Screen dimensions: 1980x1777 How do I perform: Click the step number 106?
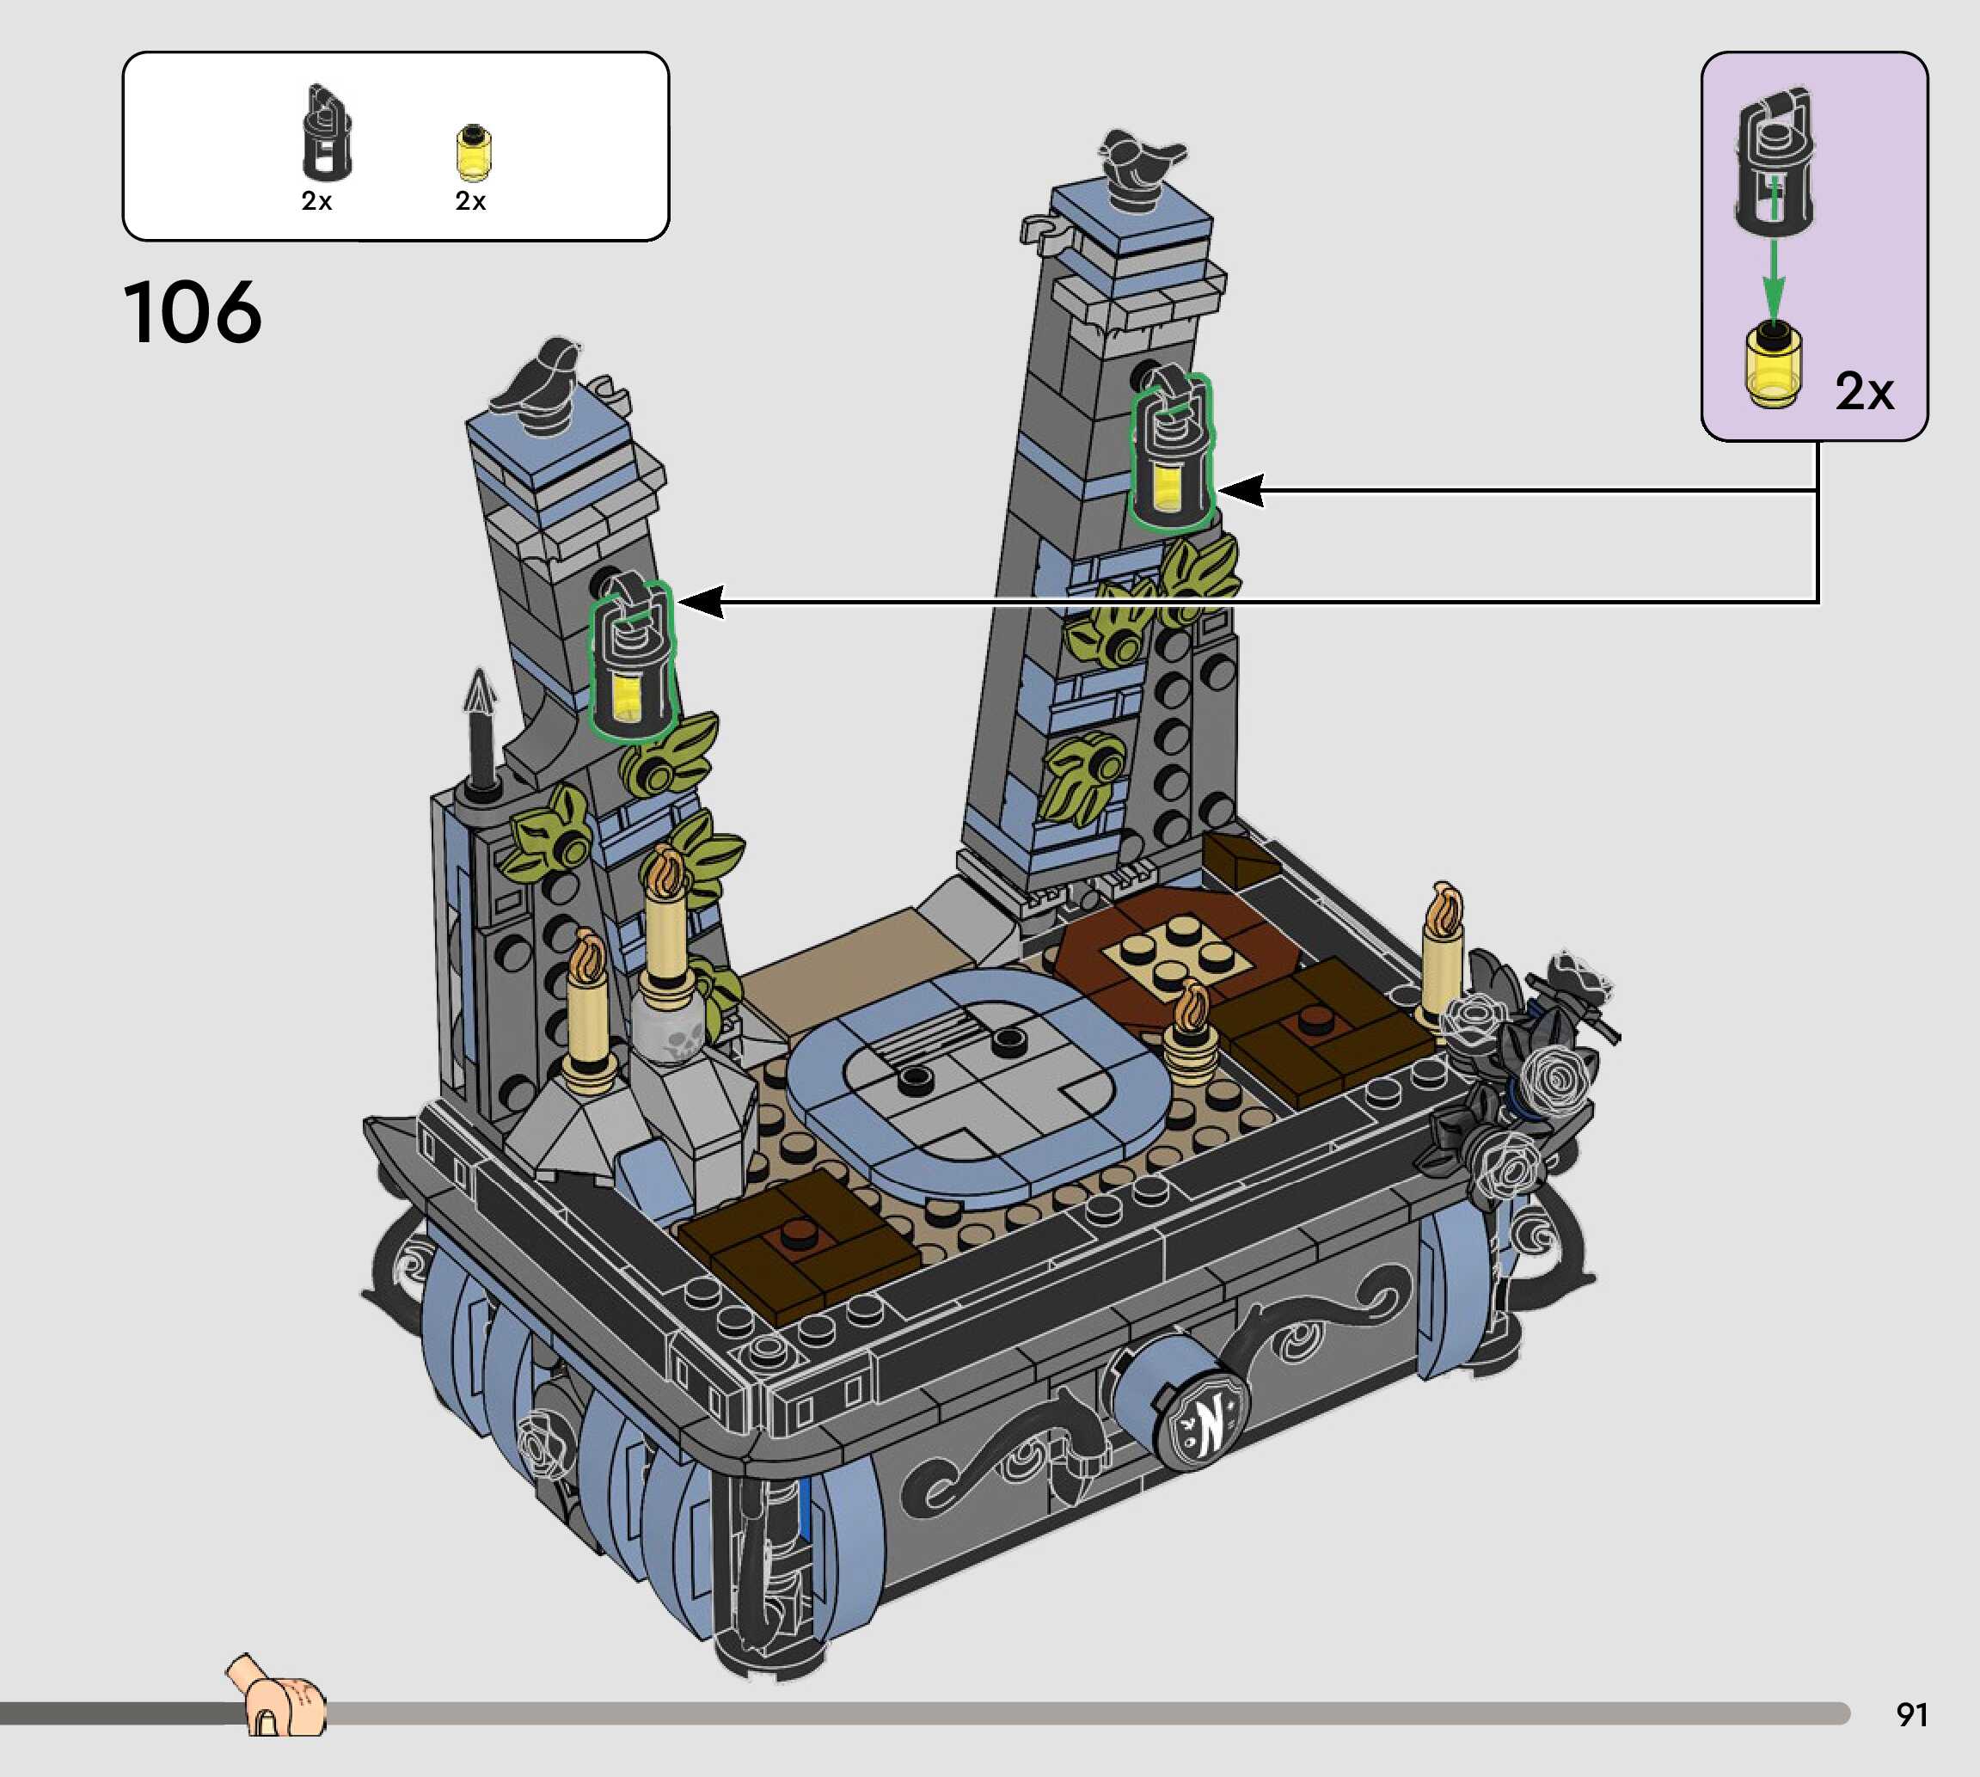pos(193,312)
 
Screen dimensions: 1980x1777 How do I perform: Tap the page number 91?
pos(1912,1713)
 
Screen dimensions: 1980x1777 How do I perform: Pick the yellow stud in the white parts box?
pos(474,153)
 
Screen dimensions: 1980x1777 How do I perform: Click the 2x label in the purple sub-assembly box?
pos(1864,391)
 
